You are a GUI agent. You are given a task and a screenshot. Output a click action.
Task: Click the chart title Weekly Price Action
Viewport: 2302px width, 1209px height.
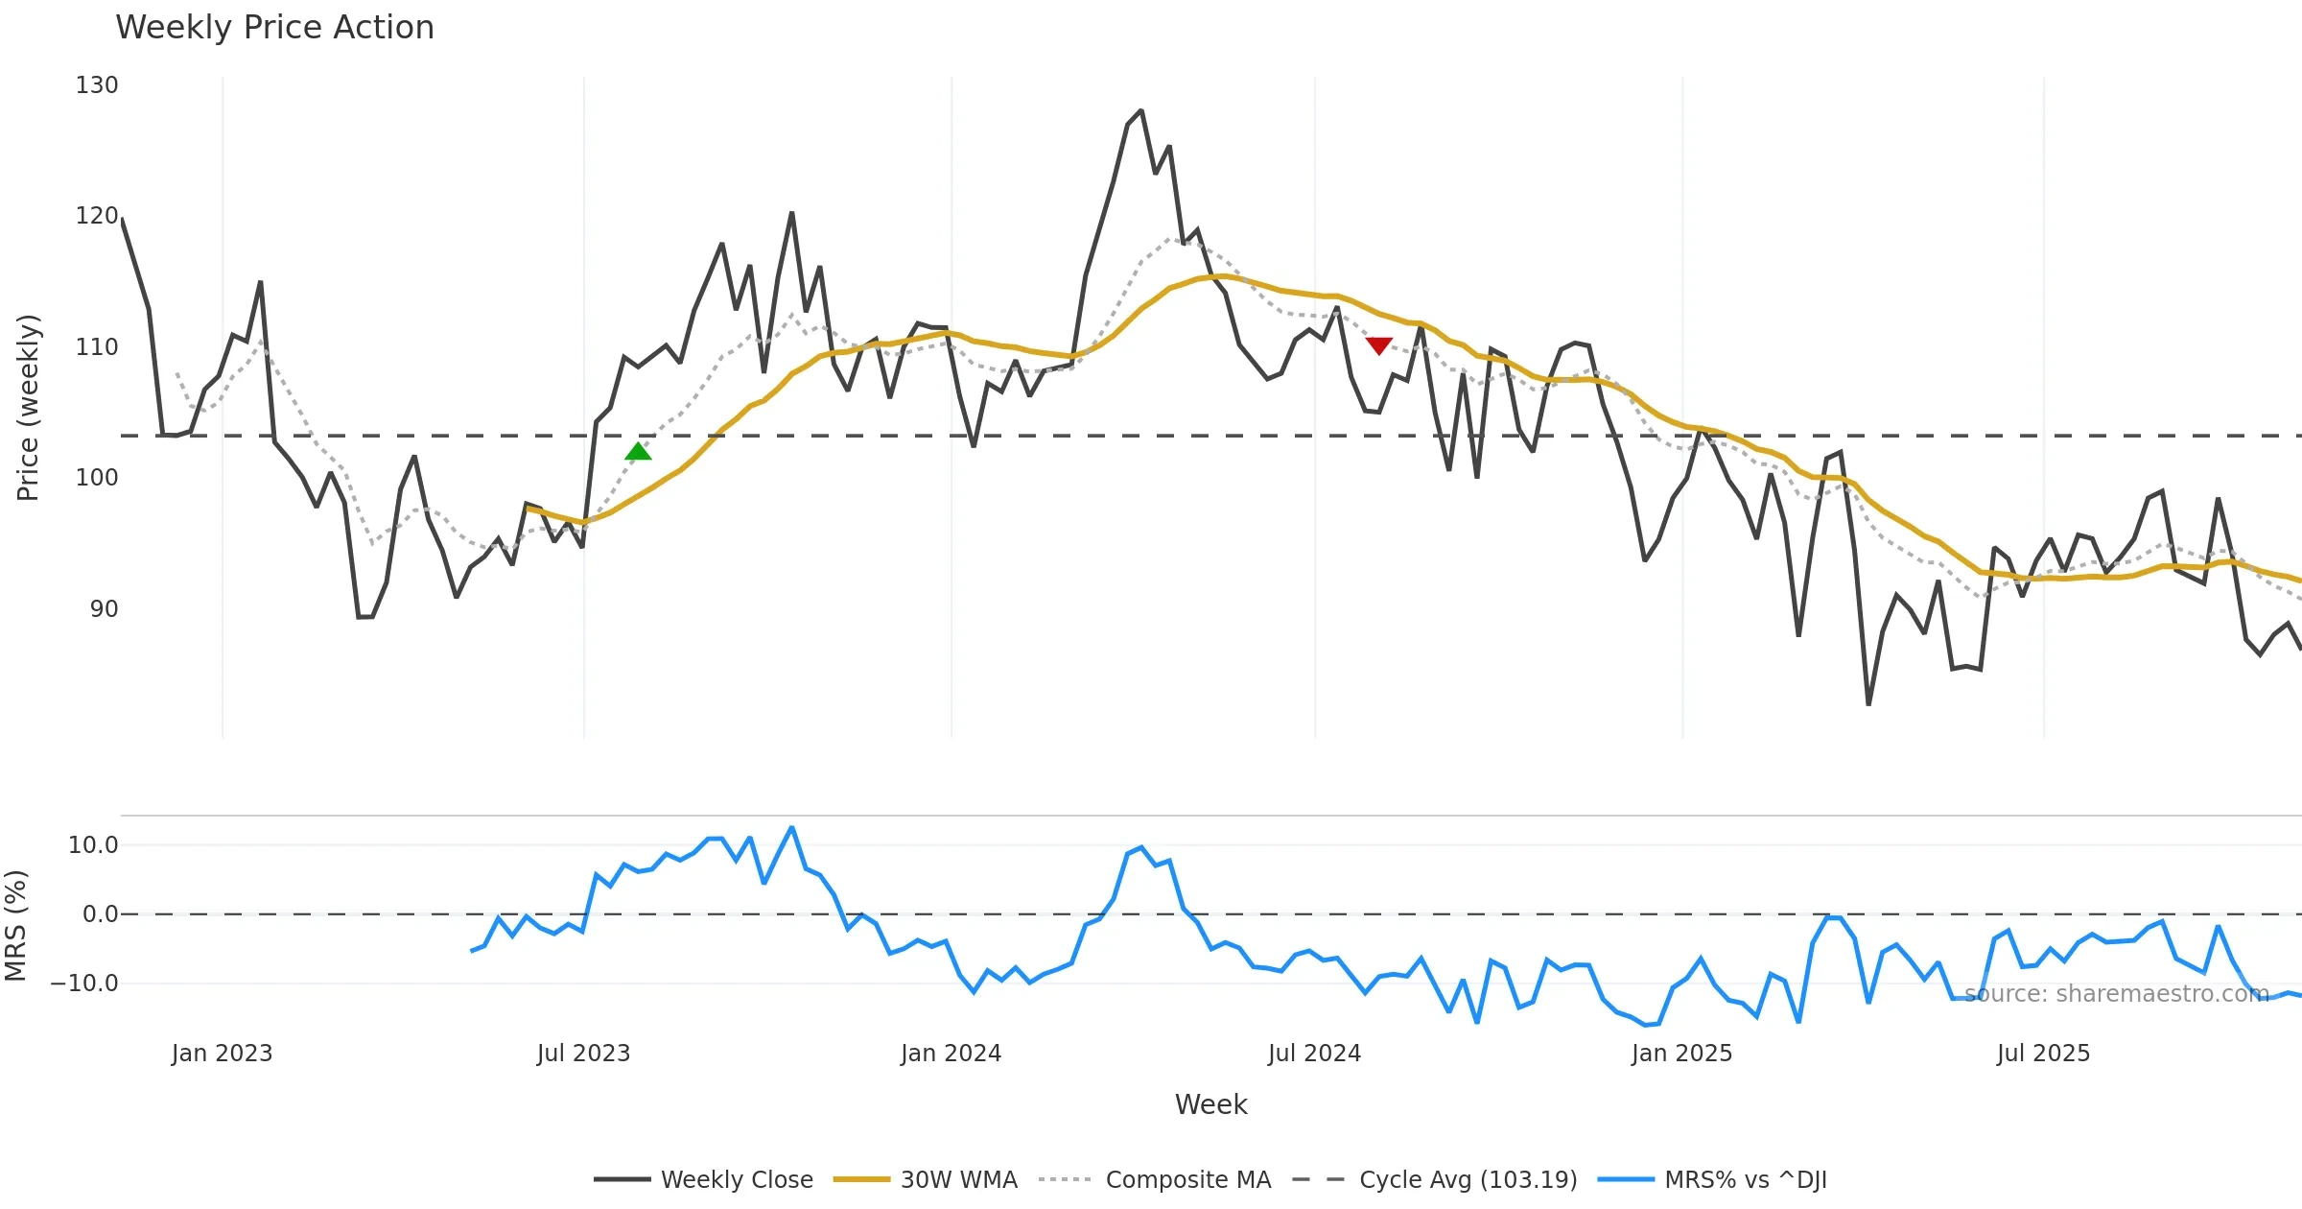click(274, 28)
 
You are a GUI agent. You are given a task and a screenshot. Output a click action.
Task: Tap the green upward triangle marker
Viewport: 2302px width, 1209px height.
click(638, 452)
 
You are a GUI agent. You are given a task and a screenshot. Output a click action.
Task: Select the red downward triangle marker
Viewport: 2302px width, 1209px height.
click(1379, 345)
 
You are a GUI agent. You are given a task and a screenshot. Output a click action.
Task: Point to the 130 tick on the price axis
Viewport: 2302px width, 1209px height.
click(97, 85)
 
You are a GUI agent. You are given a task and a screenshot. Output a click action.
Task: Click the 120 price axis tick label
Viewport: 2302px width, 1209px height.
click(97, 216)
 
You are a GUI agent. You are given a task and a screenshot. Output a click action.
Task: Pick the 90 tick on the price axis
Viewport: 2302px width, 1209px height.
click(104, 609)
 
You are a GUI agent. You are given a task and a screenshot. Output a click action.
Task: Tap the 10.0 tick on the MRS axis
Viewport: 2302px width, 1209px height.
click(93, 845)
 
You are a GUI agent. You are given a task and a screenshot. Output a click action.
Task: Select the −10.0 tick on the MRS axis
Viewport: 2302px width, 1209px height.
click(84, 984)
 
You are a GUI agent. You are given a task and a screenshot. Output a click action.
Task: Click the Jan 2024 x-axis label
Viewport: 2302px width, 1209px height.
click(951, 1054)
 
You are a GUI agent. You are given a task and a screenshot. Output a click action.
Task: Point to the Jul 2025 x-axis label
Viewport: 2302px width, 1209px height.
click(2043, 1054)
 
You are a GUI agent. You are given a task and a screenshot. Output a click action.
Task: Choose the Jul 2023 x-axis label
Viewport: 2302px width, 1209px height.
click(583, 1054)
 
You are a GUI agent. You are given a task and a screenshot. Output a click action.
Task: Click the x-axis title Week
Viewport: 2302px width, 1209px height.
click(1210, 1105)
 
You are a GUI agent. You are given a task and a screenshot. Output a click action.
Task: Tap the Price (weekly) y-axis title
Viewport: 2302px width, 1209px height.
click(28, 408)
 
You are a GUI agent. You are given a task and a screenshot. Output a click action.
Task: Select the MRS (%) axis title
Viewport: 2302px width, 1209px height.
click(15, 926)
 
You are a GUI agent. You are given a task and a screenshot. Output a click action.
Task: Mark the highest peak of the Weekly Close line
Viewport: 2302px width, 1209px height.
click(1140, 111)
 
